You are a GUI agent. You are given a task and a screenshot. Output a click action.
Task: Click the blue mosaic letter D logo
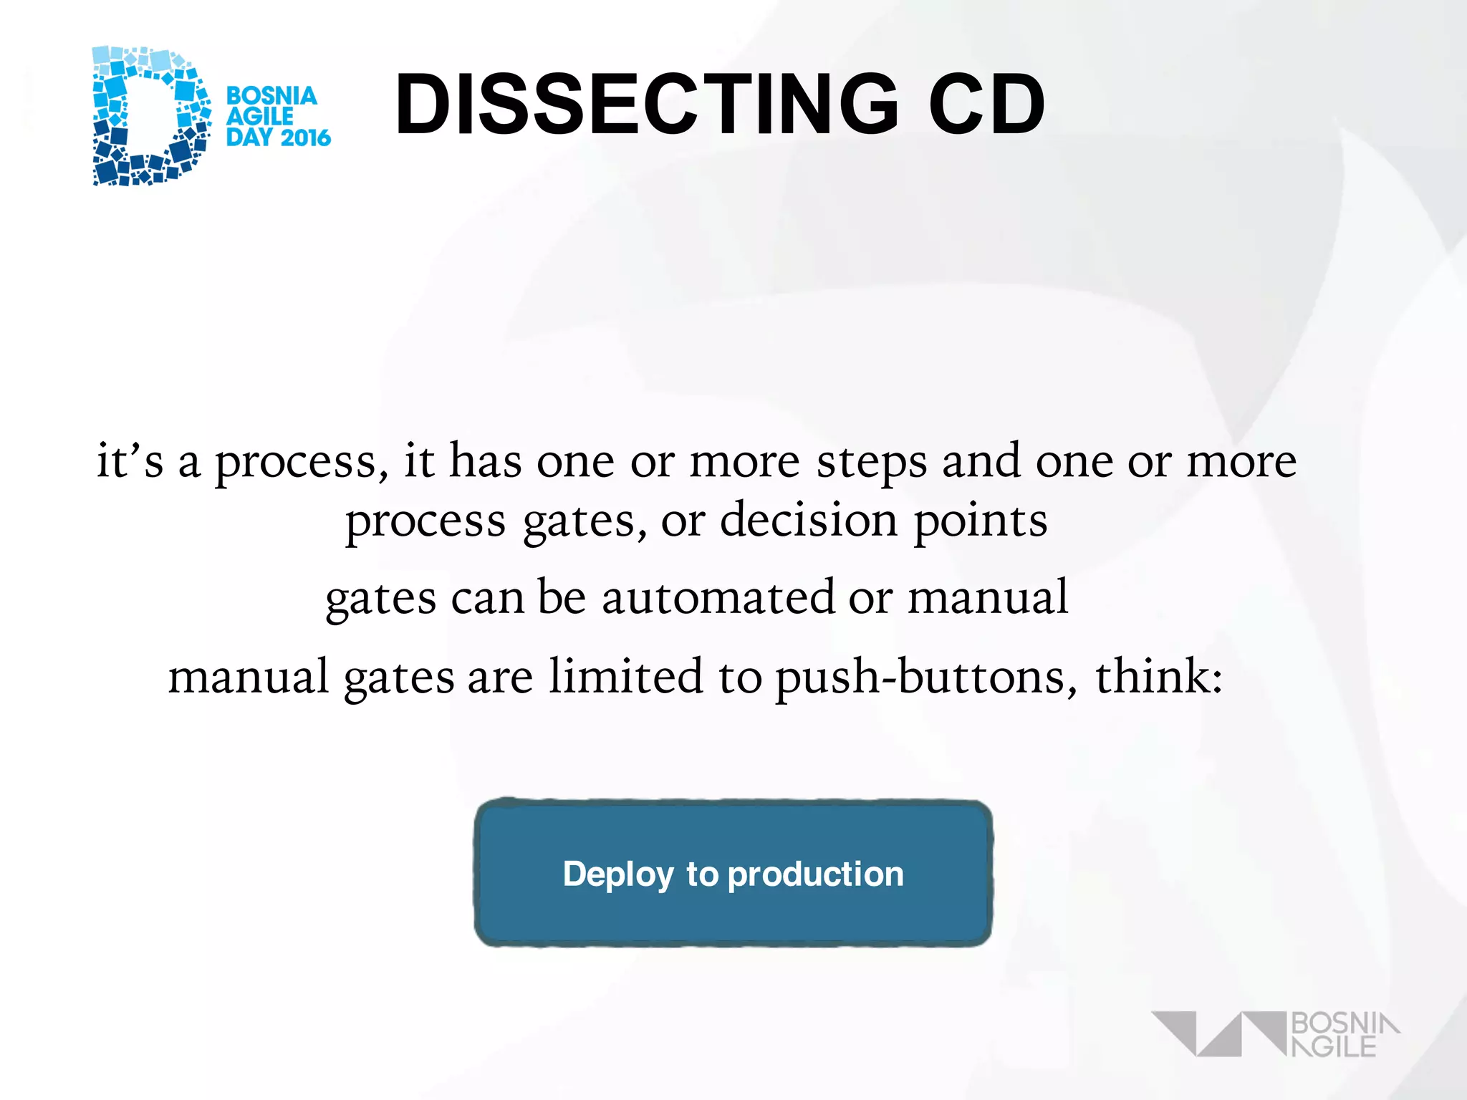150,116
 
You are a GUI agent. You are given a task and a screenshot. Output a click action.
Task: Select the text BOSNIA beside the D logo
271,95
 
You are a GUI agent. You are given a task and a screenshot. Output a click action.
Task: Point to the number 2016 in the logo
304,137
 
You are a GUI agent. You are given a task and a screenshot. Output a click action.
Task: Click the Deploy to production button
733,873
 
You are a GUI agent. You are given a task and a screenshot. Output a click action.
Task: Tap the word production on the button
816,874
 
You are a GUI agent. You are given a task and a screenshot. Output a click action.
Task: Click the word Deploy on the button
618,874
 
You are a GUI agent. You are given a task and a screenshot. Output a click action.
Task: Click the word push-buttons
926,677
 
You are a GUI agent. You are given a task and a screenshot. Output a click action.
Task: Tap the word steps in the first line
871,462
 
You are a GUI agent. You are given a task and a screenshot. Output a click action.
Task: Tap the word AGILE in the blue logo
260,116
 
